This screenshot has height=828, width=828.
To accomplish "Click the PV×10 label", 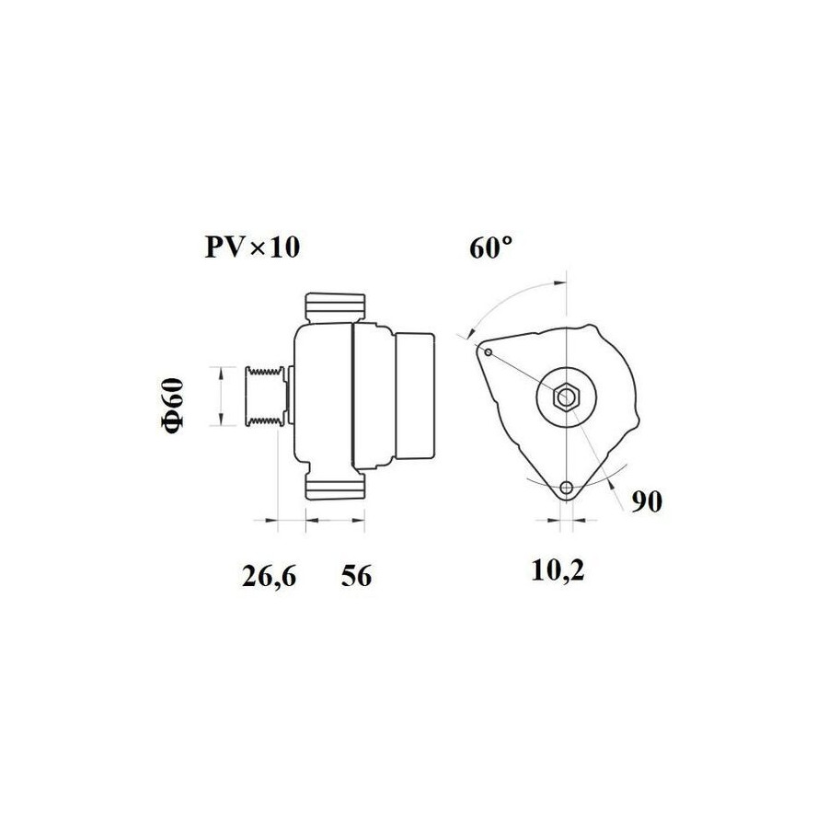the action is tap(252, 247).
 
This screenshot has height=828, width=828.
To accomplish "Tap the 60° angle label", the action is tap(490, 247).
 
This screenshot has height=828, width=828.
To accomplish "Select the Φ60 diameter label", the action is tap(173, 406).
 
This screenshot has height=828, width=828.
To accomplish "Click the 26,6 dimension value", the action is tap(269, 576).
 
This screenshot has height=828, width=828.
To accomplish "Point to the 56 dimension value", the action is tap(356, 575).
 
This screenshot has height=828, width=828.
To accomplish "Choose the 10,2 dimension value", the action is tap(558, 570).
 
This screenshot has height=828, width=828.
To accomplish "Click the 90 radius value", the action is tap(647, 501).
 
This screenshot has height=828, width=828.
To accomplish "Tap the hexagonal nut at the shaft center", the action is tap(566, 396).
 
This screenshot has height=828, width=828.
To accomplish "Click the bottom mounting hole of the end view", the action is tap(567, 488).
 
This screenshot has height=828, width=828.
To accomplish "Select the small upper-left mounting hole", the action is tap(489, 352).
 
